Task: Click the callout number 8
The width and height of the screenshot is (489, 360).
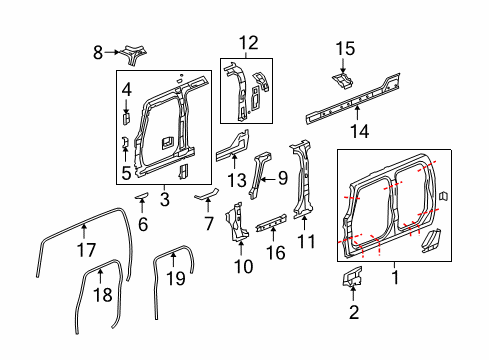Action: (98, 52)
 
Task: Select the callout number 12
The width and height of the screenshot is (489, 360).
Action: (248, 42)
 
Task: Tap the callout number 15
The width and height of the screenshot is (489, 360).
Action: (345, 47)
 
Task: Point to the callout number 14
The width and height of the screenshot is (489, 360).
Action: (357, 129)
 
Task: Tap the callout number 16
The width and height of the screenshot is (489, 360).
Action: (276, 256)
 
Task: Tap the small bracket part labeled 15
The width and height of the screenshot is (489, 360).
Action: (340, 77)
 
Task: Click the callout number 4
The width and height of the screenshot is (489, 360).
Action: (126, 91)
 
